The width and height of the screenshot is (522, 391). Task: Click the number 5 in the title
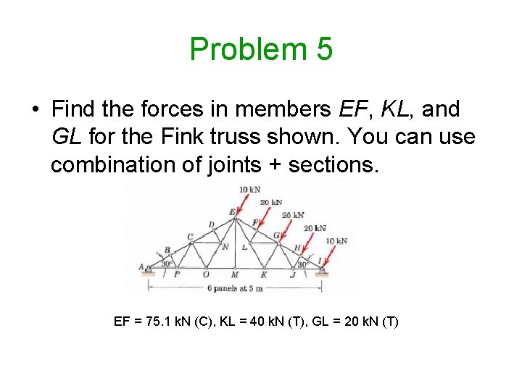click(323, 49)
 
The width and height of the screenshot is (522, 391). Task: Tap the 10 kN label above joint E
click(249, 190)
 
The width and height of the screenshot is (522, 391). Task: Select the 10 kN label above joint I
click(336, 240)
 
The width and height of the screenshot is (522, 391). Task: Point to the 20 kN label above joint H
click(315, 228)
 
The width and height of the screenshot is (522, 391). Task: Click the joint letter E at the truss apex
click(232, 212)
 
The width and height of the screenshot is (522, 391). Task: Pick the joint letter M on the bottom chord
click(234, 274)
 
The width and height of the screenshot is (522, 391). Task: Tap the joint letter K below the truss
click(263, 274)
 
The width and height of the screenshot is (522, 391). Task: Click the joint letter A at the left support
click(141, 266)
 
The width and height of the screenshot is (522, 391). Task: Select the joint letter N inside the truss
click(225, 247)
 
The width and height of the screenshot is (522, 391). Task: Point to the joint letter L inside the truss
click(244, 247)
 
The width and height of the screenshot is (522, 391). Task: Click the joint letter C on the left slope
click(190, 237)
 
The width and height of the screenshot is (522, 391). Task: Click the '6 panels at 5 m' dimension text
click(235, 288)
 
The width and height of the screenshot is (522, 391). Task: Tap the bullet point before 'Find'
click(35, 110)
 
